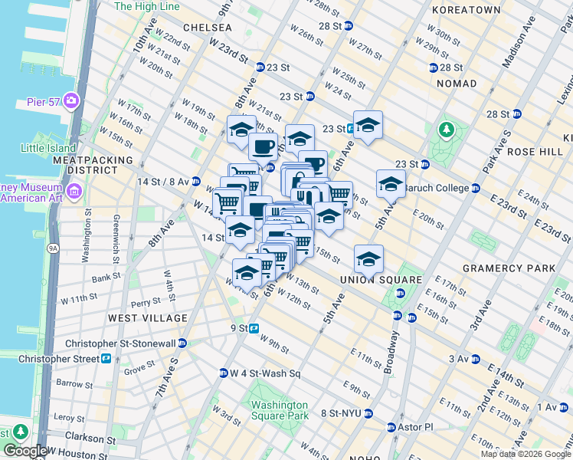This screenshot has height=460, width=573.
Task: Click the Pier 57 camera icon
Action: tap(71, 100)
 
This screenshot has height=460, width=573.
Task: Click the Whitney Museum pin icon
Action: tap(74, 190)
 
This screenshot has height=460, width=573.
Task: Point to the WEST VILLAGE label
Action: tap(148, 317)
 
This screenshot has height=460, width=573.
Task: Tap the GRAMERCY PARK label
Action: tap(509, 268)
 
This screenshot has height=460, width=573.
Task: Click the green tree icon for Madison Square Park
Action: tap(446, 131)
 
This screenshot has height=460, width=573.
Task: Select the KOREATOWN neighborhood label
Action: tap(466, 10)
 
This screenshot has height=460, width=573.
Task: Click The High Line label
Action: tap(146, 6)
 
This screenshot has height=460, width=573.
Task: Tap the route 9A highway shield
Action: tap(52, 248)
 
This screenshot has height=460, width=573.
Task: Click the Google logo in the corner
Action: tap(25, 451)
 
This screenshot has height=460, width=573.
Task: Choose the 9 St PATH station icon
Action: tap(254, 328)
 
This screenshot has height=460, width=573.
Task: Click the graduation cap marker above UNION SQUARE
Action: tap(368, 258)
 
